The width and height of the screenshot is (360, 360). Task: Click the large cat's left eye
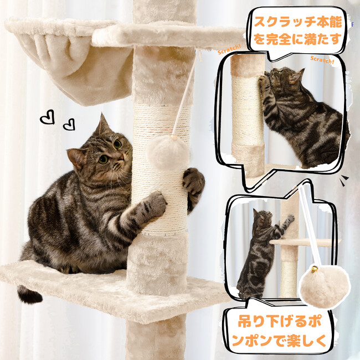(x=104, y=160)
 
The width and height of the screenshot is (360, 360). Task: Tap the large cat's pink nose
(x=121, y=158)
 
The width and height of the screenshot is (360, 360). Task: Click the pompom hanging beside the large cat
(x=168, y=153)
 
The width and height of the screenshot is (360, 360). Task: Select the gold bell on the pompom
(x=315, y=269)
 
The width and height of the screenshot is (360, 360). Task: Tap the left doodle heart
(x=47, y=117)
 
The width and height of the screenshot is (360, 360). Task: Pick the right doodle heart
(x=69, y=125)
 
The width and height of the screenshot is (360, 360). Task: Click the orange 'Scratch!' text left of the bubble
(x=229, y=50)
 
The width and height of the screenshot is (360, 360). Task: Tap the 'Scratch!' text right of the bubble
(x=322, y=60)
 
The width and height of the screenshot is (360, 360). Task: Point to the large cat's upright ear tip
(x=101, y=114)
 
